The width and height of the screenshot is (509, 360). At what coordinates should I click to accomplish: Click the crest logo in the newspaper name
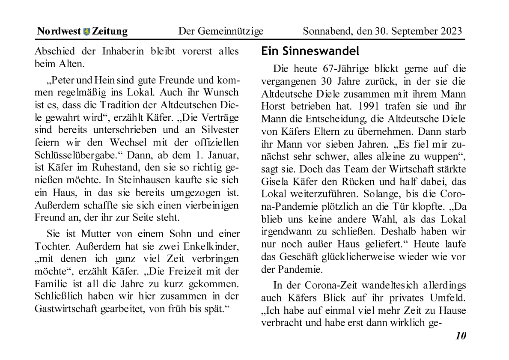tap(86, 31)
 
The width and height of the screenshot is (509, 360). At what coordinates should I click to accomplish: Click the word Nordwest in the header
tap(59, 31)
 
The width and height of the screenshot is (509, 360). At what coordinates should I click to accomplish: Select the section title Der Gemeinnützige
tap(220, 31)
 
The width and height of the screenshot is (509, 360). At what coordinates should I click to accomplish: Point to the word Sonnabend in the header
tap(326, 31)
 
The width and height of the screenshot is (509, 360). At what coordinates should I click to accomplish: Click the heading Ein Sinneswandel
tap(310, 51)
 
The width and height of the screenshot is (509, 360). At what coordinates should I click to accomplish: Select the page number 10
tap(460, 336)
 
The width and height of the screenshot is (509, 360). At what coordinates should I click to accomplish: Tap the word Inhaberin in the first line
tap(123, 51)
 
